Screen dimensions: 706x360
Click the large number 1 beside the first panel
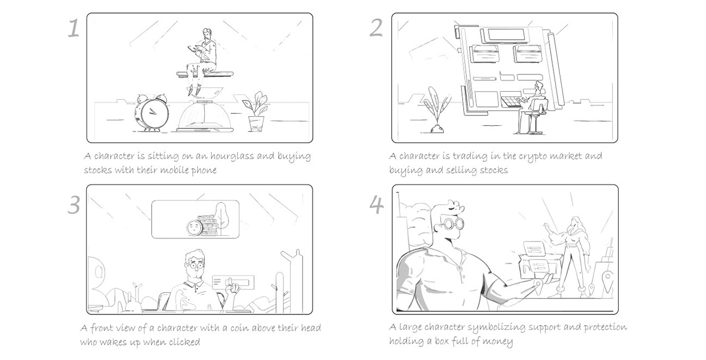point(73,28)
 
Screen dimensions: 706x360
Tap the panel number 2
point(376,28)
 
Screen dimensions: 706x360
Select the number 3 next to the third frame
point(74,205)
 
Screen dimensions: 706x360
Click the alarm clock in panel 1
point(152,112)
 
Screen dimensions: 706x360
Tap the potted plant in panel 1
point(255,112)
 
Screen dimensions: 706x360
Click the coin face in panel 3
point(194,228)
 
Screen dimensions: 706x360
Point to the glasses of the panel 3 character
point(196,266)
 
